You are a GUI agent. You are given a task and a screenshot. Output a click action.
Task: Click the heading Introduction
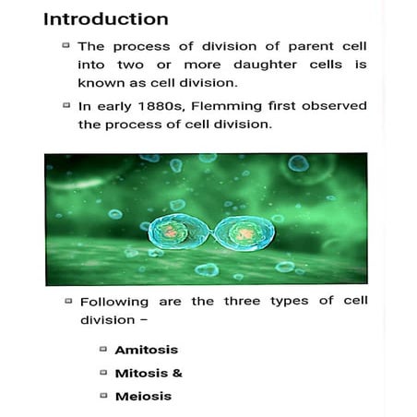point(106,18)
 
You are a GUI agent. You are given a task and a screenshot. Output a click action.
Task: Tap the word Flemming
point(246,105)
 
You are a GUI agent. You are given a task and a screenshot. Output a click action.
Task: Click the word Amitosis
point(146,350)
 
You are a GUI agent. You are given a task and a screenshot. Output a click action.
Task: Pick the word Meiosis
point(143,397)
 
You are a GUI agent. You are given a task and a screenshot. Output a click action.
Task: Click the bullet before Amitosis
point(102,349)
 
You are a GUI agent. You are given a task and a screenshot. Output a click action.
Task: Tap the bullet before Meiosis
point(102,396)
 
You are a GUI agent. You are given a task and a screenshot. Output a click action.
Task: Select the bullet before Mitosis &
point(102,372)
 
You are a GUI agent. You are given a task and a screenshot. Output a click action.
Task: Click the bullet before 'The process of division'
point(66,44)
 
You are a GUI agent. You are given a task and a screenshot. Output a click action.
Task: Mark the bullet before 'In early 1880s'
point(66,104)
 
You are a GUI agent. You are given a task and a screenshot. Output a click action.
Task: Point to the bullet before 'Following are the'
point(67,301)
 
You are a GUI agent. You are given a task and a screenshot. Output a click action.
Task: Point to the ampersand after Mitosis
point(177,373)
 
